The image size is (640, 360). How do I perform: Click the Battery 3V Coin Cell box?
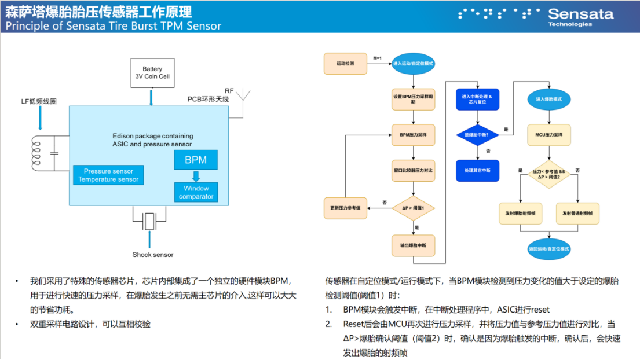coord(152,72)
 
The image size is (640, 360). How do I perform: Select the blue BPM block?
coord(196,160)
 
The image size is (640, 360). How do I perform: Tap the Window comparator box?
coord(196,192)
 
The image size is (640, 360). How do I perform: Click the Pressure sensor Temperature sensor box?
coord(108,175)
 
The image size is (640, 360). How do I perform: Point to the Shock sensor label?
coord(152,255)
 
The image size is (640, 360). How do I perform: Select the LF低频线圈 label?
coord(39,101)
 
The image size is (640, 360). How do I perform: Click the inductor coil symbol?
coord(36,154)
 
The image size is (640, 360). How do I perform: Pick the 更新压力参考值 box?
coord(345,208)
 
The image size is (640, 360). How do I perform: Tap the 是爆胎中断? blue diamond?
coord(477,135)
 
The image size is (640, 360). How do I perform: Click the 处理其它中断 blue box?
coord(477,170)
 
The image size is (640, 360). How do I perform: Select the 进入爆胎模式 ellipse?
coord(548,99)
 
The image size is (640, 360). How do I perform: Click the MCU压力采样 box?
coord(548,135)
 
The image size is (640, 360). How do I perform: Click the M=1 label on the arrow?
coord(378,58)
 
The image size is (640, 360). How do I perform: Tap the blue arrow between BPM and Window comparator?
coord(196,176)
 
